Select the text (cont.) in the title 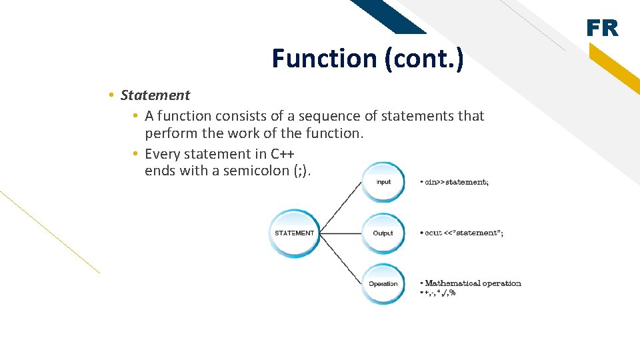423,59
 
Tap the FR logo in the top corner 603,29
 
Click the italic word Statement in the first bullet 155,95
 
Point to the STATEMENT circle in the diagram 294,233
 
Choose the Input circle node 383,182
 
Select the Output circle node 383,233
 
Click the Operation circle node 383,284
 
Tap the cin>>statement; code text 457,182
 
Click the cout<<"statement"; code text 464,233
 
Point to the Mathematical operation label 473,283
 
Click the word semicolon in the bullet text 256,171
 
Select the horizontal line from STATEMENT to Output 341,233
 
